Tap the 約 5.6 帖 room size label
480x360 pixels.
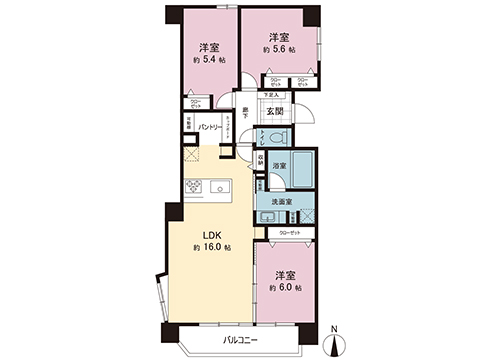(279, 48)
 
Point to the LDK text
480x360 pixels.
(213, 236)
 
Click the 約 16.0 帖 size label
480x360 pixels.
(213, 247)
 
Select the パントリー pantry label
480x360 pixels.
(209, 127)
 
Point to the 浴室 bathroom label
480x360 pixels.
(280, 165)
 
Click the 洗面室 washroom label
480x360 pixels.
(281, 201)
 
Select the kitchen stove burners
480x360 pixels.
(194, 186)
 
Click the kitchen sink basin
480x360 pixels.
(219, 186)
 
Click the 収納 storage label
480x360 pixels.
(260, 157)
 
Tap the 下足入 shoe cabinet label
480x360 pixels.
(271, 95)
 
